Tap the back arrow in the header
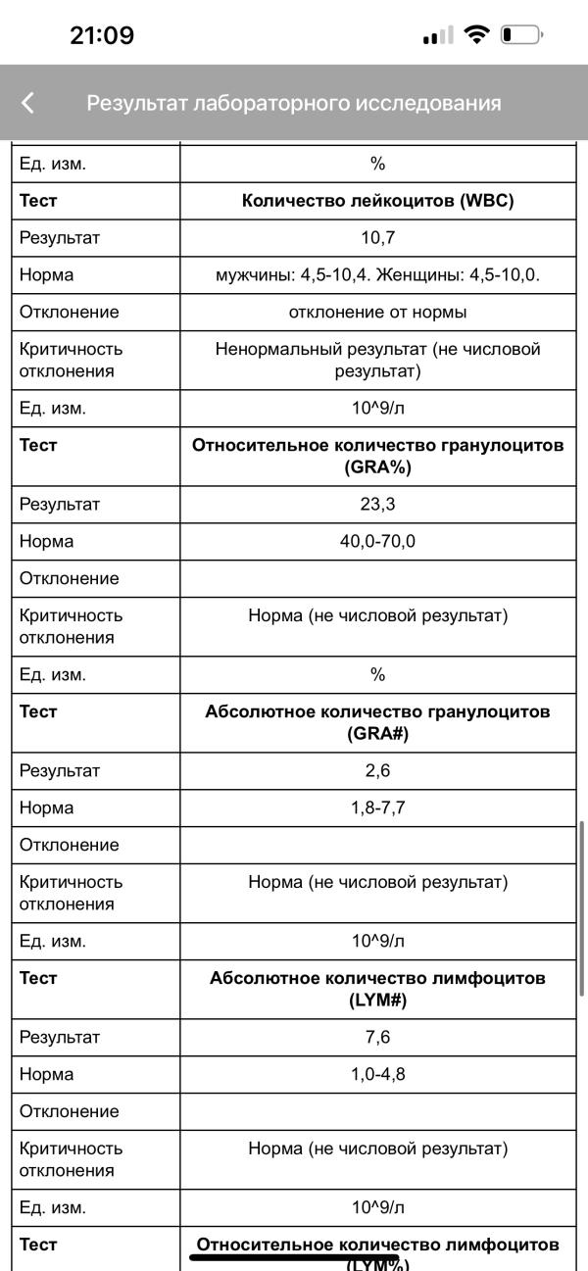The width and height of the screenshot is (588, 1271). tap(27, 103)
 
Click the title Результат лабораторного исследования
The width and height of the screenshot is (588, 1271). tap(294, 103)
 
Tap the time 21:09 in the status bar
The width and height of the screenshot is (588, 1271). tap(102, 36)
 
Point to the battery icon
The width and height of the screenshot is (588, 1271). tap(520, 35)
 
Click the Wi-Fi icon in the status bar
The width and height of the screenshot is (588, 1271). tap(477, 35)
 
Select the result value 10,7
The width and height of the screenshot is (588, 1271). tap(377, 237)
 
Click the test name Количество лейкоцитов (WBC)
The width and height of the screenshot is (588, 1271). tap(377, 200)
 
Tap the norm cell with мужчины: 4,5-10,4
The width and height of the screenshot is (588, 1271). tap(377, 274)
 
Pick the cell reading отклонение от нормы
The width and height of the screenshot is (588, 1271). tap(377, 312)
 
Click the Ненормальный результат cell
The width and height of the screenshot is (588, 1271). tap(377, 360)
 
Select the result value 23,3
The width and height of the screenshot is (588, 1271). tap(377, 504)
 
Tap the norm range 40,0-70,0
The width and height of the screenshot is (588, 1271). tap(377, 541)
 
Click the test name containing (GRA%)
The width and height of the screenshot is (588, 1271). tap(377, 456)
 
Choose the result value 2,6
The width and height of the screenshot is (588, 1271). tap(377, 770)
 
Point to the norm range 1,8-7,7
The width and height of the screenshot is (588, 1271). tap(377, 807)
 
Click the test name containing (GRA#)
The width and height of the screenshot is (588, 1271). tap(377, 722)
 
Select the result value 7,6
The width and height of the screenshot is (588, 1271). tap(377, 1037)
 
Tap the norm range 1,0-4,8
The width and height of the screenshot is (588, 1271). tap(377, 1074)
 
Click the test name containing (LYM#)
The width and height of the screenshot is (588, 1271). tap(377, 989)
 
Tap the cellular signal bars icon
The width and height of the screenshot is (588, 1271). tap(438, 36)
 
